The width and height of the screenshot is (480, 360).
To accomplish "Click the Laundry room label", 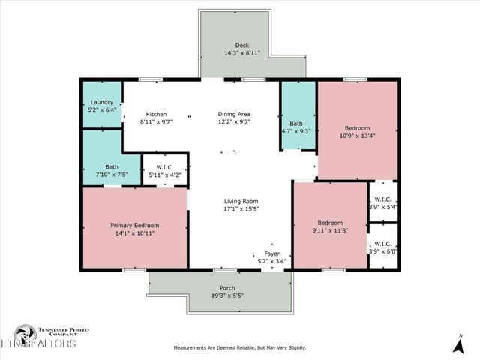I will click(x=101, y=102).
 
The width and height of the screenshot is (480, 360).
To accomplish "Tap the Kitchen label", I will click(x=156, y=114).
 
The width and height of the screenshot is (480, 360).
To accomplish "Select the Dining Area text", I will click(x=233, y=114).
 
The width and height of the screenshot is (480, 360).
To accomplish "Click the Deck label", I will click(x=241, y=46).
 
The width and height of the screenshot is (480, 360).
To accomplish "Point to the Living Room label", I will click(x=241, y=201).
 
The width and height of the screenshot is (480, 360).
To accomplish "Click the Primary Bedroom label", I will click(x=134, y=225).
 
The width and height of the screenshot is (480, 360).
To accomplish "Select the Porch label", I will click(x=227, y=288).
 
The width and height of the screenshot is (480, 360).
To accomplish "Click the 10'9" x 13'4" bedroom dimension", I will click(x=356, y=136).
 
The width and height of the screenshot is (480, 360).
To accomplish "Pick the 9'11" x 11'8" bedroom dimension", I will click(x=330, y=231).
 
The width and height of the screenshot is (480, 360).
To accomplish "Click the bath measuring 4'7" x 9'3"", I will click(x=296, y=131).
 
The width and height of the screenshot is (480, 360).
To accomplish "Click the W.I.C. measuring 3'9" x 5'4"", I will click(x=382, y=206).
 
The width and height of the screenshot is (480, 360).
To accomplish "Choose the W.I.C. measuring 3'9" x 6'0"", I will click(x=382, y=251).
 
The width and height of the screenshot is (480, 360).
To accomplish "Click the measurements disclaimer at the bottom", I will click(x=240, y=347).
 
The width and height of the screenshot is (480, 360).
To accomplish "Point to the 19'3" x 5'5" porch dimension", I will click(x=227, y=295).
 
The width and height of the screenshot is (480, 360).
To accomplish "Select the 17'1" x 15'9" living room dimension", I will click(x=241, y=209).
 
